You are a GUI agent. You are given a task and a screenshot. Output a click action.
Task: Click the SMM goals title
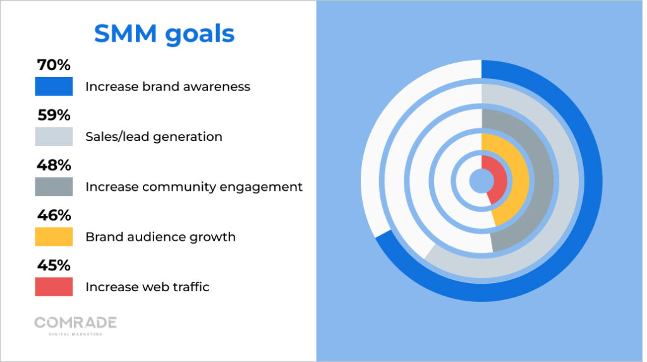click(x=164, y=34)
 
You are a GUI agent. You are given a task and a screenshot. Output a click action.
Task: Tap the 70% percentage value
click(x=53, y=65)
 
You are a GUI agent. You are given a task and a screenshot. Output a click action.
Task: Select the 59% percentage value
click(x=53, y=115)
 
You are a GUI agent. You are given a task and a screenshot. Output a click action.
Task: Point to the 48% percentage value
click(x=53, y=165)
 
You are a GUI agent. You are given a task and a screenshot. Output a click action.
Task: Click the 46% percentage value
click(x=53, y=215)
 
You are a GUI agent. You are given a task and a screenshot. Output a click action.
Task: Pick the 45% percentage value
click(x=53, y=265)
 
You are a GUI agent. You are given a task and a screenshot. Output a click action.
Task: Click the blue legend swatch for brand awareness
click(x=54, y=87)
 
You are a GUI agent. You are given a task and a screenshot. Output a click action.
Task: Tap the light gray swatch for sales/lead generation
click(x=54, y=136)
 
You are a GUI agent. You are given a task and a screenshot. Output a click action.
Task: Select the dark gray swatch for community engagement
click(x=54, y=186)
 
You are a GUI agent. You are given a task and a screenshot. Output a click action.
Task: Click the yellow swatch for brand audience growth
click(x=54, y=237)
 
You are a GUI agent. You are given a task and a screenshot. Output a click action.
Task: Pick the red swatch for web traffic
click(x=54, y=287)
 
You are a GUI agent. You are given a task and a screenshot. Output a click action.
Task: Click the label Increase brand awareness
click(x=167, y=87)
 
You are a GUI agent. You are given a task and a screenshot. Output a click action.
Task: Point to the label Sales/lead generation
click(x=154, y=136)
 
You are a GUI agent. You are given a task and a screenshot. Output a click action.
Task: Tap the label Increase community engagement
click(x=193, y=187)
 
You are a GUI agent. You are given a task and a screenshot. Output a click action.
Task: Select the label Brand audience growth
click(x=160, y=237)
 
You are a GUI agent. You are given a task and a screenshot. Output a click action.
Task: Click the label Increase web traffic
click(x=147, y=287)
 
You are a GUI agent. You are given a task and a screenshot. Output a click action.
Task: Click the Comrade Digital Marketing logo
click(x=75, y=325)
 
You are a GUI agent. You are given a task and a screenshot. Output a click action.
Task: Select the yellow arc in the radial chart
click(x=516, y=180)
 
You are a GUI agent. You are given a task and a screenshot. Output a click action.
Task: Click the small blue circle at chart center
click(x=481, y=181)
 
